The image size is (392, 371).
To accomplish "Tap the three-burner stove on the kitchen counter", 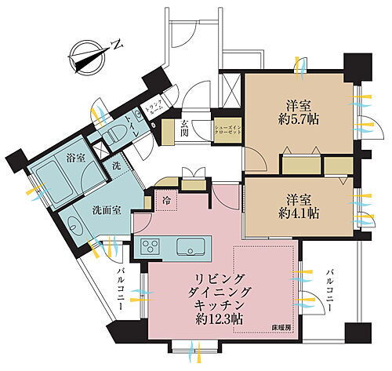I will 151,248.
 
